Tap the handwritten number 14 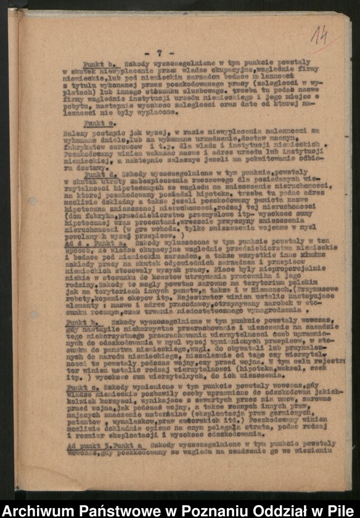pyautogui.click(x=319, y=35)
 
